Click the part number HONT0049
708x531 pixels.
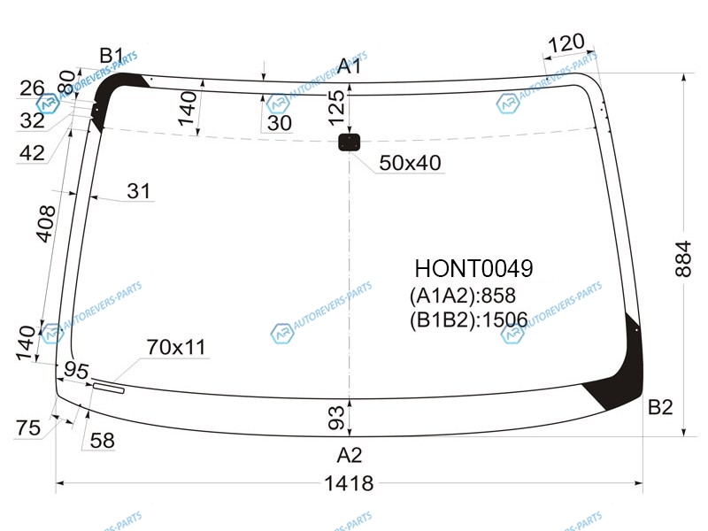pos(473,269)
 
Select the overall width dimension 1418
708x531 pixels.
pos(349,483)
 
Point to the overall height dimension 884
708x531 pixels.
pos(683,258)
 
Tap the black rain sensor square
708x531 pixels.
pos(349,142)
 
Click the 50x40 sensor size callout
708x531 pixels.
pos(410,163)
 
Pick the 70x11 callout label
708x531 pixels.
pos(176,347)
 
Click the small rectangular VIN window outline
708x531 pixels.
pos(108,388)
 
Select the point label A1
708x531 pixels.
pos(350,66)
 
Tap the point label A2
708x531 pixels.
pos(350,455)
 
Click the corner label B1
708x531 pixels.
pos(112,56)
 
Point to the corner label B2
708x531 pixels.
pos(660,407)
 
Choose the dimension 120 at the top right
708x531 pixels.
pos(566,43)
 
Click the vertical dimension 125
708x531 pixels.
pos(336,108)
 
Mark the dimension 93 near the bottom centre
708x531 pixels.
pos(336,417)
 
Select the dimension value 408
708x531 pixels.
pos(46,224)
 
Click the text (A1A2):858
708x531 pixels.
pos(462,296)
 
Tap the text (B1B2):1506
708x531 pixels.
pos(469,320)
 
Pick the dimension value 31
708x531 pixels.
pos(139,191)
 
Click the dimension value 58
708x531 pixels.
pos(102,441)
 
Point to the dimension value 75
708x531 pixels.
pos(28,428)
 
